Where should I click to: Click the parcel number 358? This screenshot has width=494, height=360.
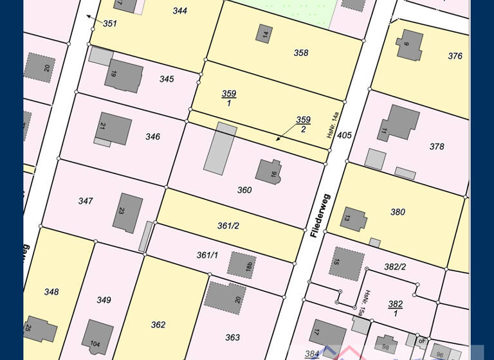[x=301, y=53]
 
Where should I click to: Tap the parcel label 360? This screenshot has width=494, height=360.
[x=244, y=190]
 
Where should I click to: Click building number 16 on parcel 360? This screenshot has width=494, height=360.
[x=270, y=172]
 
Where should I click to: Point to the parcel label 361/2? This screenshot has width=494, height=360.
[x=228, y=226]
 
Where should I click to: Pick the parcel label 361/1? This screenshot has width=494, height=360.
[x=207, y=255]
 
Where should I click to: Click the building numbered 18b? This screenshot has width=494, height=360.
[x=241, y=263]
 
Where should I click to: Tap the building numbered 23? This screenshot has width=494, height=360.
[x=127, y=212]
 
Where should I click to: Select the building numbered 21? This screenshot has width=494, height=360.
[x=113, y=128]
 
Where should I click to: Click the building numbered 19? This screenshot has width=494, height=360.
[x=123, y=75]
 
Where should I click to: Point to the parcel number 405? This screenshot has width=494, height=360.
[x=344, y=135]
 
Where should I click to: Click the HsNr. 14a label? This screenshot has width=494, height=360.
[x=332, y=124]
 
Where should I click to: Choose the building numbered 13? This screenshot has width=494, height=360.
[x=352, y=219]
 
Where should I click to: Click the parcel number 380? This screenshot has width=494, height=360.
[x=398, y=212]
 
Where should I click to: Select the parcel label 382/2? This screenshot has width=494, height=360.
[x=395, y=267]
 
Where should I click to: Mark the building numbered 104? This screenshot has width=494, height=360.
[x=98, y=336]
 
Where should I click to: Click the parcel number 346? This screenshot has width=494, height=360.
[x=152, y=137]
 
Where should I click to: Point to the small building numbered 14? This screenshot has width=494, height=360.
[x=264, y=34]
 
